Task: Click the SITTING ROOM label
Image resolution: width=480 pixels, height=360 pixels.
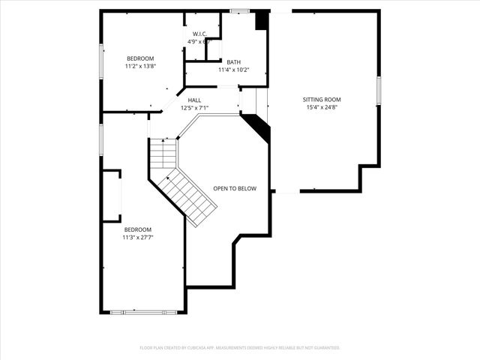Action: pos(322,99)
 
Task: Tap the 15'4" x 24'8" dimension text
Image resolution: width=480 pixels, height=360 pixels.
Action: pos(322,107)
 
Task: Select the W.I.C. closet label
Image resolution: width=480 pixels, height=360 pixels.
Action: pos(199,34)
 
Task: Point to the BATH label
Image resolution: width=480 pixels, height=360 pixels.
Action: pos(233,62)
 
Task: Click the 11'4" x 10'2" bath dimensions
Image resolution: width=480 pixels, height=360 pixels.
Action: pos(233,70)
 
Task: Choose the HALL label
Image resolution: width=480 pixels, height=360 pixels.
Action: pos(194,100)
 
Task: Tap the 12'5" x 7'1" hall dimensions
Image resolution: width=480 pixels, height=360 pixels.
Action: pos(194,107)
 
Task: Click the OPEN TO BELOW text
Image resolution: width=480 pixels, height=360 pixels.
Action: pos(235,188)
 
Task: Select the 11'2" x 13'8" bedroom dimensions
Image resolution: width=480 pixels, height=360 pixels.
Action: pos(140,66)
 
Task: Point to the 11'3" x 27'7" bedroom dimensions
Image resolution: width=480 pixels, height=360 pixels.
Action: pos(138,237)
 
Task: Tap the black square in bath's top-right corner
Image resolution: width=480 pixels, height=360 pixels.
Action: pos(261,20)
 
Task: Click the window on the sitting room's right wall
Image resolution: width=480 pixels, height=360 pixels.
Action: pos(379,90)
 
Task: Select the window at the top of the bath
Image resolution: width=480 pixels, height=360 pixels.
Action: pos(239,10)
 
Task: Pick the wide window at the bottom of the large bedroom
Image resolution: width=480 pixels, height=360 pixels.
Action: pos(143,311)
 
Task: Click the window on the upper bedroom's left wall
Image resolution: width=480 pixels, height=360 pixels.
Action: pos(101,59)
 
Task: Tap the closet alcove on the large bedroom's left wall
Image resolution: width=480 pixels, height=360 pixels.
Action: pos(112,196)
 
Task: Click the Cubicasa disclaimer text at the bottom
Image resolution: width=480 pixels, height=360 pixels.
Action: pos(240,347)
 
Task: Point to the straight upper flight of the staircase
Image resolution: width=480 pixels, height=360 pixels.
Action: pos(163,154)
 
